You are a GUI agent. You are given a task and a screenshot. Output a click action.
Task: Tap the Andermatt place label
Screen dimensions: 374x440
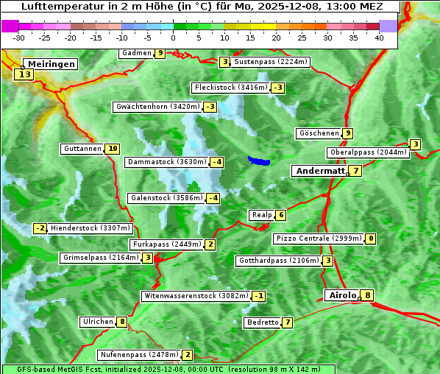320,171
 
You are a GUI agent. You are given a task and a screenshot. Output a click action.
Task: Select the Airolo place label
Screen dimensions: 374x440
342,295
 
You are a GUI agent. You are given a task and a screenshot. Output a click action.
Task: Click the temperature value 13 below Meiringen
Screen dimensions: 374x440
24,74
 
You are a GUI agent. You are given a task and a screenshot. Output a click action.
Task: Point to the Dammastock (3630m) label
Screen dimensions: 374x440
166,162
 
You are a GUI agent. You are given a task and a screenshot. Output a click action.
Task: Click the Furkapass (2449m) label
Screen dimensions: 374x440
166,244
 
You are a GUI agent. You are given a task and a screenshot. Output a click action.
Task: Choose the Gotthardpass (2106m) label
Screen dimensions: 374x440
278,261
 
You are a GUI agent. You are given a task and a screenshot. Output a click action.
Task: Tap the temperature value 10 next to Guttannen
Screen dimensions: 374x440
112,149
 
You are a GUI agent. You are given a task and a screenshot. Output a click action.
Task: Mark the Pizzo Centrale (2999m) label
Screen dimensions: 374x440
319,239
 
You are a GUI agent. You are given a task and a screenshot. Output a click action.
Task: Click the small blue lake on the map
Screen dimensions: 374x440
259,160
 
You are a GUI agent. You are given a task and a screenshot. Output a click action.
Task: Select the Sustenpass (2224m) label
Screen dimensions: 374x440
271,62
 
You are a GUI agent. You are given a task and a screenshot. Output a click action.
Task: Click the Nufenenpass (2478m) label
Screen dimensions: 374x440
139,355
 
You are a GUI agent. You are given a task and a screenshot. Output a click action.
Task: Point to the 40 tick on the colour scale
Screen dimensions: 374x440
379,38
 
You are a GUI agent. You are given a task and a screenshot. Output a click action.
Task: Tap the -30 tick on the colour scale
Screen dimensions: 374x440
19,38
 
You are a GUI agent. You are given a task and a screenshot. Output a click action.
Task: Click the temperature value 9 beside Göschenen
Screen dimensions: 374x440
347,133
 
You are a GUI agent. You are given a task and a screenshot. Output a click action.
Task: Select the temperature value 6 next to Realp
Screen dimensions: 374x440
281,215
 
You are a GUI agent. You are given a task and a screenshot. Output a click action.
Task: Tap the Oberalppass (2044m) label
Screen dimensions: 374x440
368,152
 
